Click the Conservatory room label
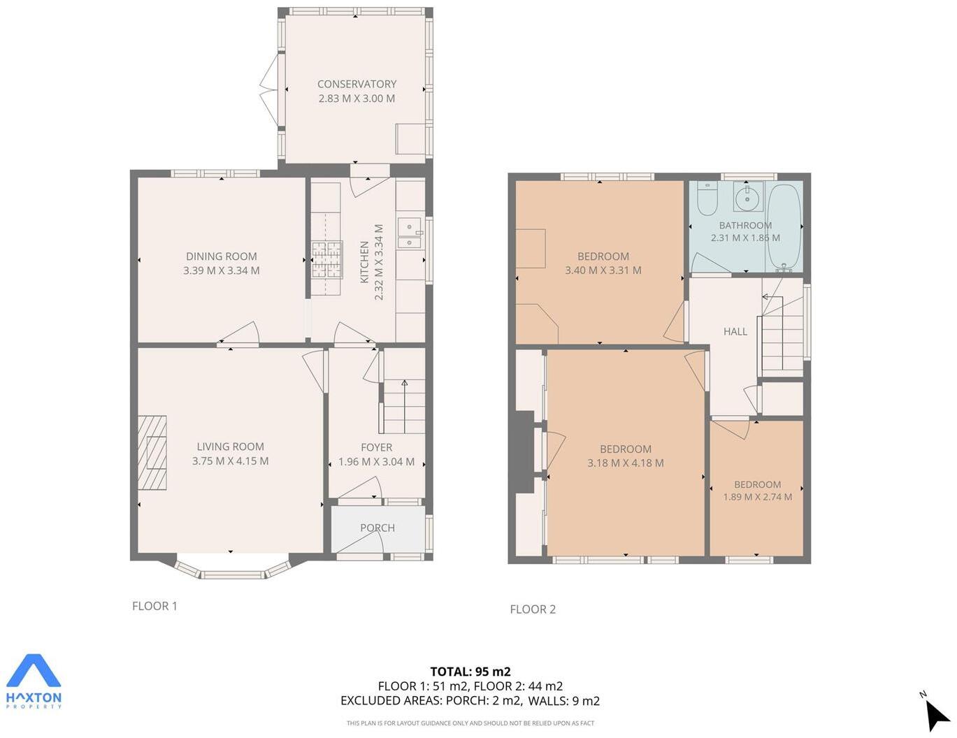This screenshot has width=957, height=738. coord(357,84)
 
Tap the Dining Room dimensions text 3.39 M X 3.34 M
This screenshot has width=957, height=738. coord(221,270)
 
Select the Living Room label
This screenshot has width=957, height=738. coord(230,447)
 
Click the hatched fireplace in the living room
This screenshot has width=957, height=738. coord(152,453)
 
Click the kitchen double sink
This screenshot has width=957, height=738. coord(409,233)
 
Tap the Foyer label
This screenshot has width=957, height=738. coord(376,447)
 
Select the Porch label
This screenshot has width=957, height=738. coord(377,528)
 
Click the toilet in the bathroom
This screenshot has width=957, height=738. coord(707,198)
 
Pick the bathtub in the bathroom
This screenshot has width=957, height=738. coord(784,226)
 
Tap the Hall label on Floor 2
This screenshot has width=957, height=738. coord(735,331)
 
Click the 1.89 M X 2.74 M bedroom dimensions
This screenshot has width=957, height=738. coord(757,497)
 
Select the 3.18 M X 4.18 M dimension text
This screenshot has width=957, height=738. coord(625,463)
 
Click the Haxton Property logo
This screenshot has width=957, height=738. coord(34,681)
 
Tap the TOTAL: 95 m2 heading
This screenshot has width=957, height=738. coord(470,672)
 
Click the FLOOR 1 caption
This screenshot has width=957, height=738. coord(154,606)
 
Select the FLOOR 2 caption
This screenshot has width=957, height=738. coord(533,609)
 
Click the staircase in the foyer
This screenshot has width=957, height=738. coord(404,407)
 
